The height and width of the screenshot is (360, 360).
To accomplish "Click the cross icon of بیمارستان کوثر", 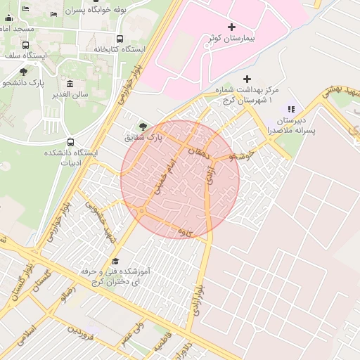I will pyautogui.click(x=232, y=27).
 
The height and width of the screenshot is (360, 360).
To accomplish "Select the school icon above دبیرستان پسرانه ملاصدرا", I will pyautogui.click(x=291, y=109).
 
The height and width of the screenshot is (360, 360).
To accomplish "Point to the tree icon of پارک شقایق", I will pyautogui.click(x=143, y=127).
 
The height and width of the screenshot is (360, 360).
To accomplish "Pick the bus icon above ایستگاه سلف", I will pyautogui.click(x=26, y=45).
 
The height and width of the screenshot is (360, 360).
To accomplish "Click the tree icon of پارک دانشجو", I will pyautogui.click(x=23, y=72).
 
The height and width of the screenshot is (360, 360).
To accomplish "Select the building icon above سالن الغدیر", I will pyautogui.click(x=70, y=83).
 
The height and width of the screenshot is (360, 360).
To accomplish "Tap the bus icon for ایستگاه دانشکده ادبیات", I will pyautogui.click(x=70, y=142).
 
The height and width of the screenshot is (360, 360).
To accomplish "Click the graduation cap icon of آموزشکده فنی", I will pyautogui.click(x=115, y=261).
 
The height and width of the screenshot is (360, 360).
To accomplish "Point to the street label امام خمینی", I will pyautogui.click(x=162, y=176).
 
